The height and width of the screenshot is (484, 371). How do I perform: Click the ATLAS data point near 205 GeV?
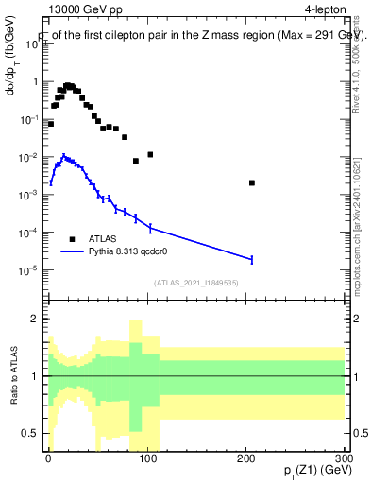(252, 182)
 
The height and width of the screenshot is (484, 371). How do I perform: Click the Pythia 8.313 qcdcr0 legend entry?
(127, 252)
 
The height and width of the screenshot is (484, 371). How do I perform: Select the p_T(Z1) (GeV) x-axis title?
(312, 469)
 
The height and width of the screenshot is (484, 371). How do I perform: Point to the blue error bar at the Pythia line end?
(252, 258)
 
